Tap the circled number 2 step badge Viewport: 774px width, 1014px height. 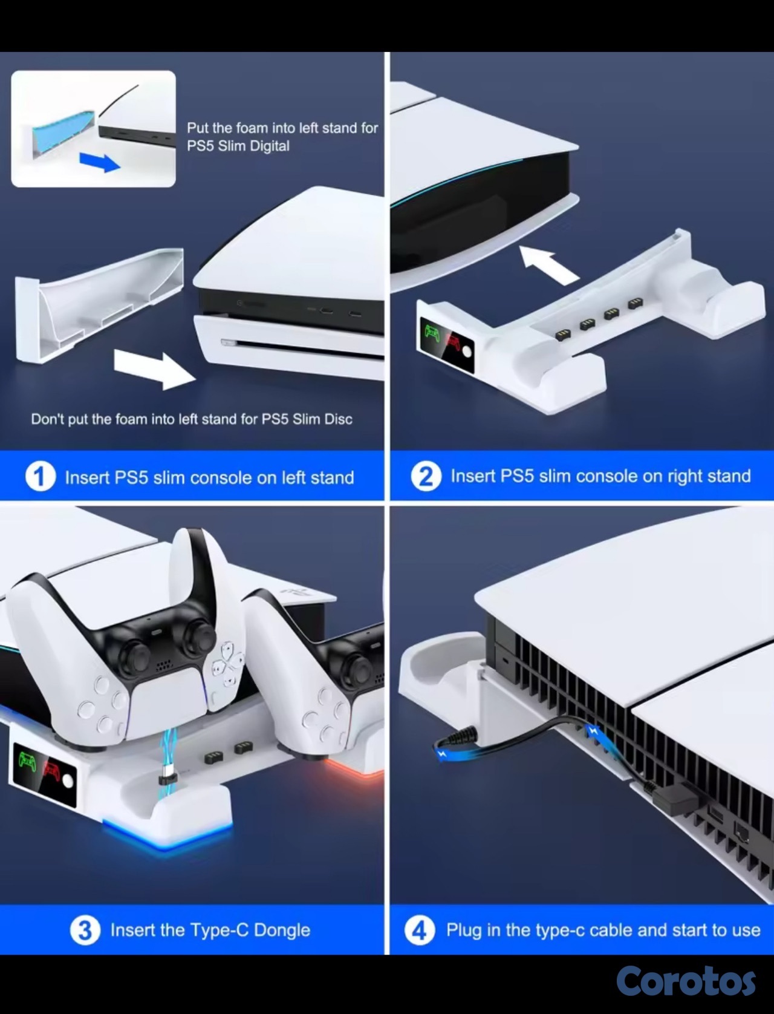(426, 476)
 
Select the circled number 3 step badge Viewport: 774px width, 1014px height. (85, 930)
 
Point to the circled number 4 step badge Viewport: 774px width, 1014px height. (420, 930)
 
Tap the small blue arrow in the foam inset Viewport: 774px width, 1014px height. (100, 162)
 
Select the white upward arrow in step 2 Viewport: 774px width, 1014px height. (549, 264)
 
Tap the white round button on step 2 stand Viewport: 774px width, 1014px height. (467, 352)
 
